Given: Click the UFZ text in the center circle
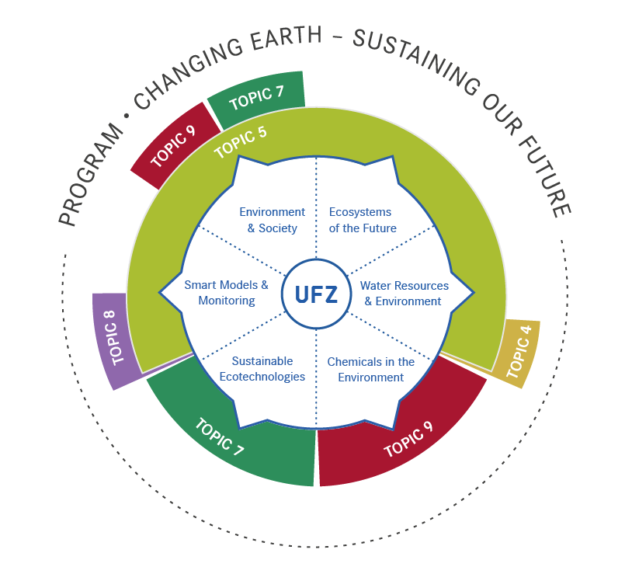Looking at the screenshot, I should pos(316,294).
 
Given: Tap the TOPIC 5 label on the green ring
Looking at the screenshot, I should pos(240,141).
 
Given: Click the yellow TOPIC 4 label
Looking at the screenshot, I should pos(519,352).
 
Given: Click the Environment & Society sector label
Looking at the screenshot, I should pos(272,220).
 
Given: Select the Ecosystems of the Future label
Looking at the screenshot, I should pos(362,220).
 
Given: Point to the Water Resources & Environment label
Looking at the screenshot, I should pos(404,294).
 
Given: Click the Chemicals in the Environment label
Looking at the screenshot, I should pos(370,370).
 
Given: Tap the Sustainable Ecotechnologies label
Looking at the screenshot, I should pos(262,369).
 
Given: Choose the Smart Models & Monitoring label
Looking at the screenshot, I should pos(226,293).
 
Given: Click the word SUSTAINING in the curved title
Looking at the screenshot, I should pos(419,66).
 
